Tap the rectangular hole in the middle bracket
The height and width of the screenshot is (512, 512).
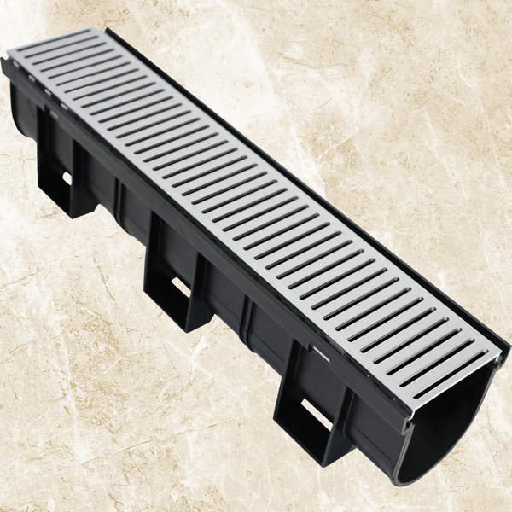(181, 286)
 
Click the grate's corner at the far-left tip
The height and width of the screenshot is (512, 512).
(8, 58)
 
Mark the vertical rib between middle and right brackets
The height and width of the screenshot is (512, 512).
(247, 316)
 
